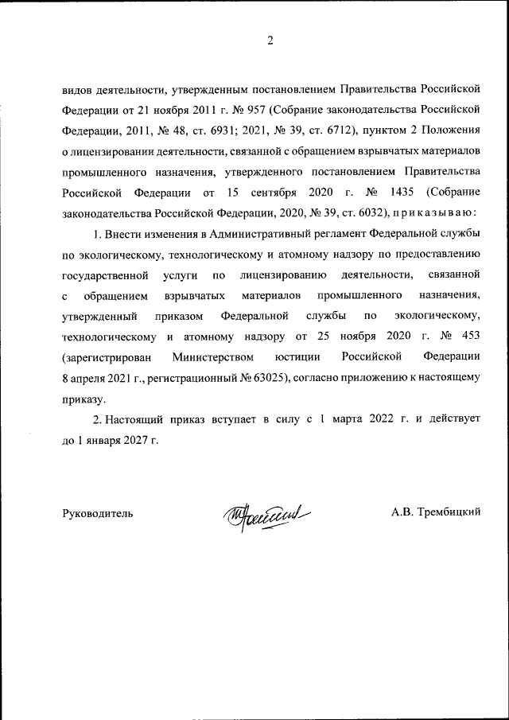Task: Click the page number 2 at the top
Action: (270, 41)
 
